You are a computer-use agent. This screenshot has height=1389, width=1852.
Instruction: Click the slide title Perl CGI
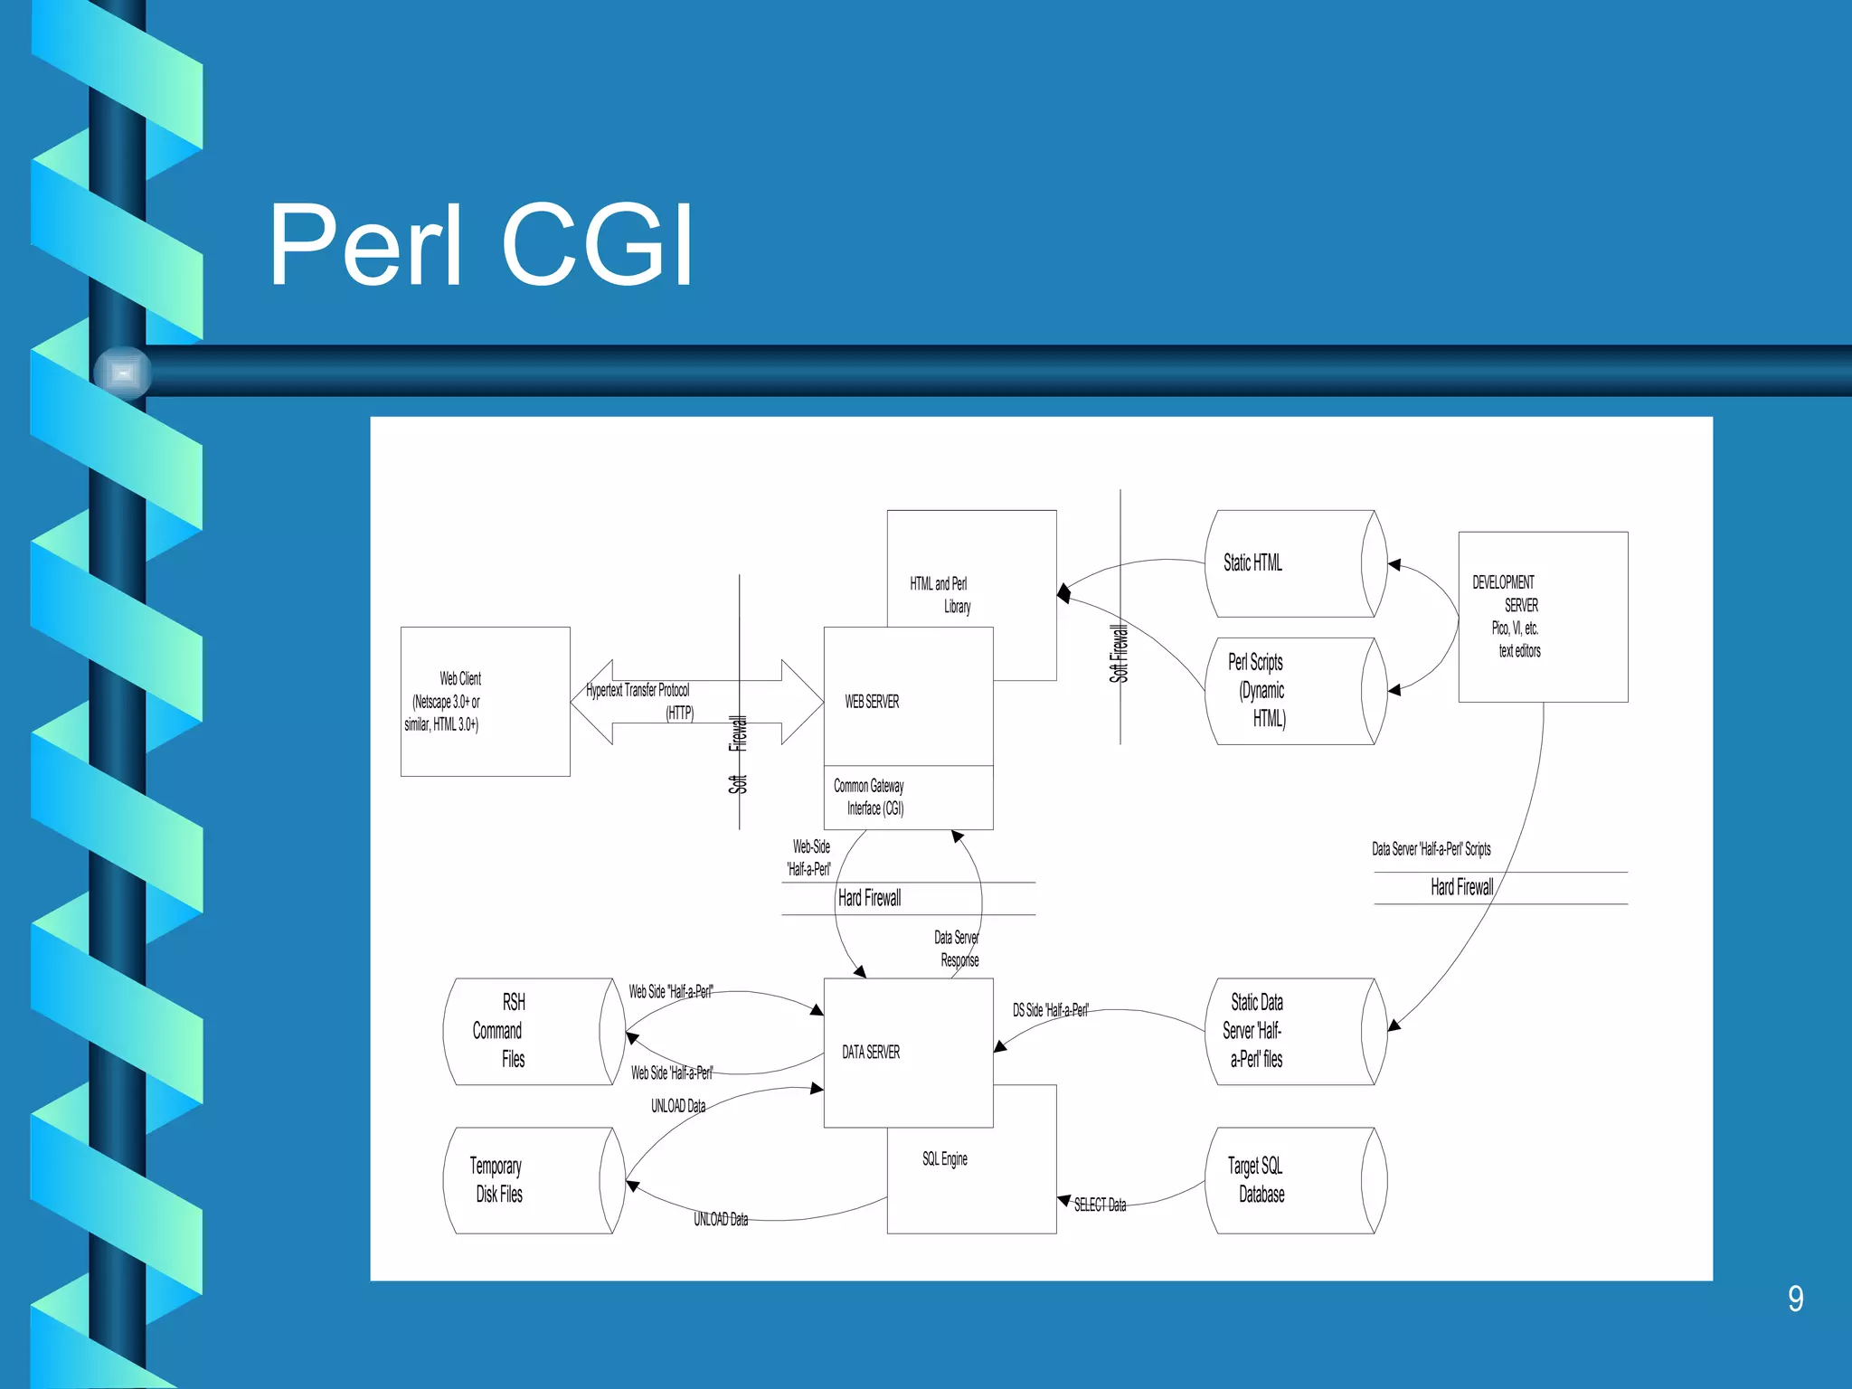click(x=480, y=246)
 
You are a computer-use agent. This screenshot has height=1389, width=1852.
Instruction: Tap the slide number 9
click(x=1795, y=1299)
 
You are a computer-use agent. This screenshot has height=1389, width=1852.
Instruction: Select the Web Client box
click(x=485, y=701)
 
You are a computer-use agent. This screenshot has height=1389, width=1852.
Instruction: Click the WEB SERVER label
click(x=872, y=702)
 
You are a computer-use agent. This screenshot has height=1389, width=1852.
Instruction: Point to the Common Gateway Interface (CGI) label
click(x=870, y=797)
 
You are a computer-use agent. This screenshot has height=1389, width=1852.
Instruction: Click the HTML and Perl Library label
click(x=940, y=595)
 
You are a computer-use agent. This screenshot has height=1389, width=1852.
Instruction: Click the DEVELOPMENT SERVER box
click(x=1542, y=617)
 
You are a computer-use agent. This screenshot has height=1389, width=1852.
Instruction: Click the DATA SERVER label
click(x=871, y=1052)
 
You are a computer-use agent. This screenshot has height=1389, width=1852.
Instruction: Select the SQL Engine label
click(x=944, y=1159)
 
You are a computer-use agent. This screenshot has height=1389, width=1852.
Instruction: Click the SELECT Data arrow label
click(x=1100, y=1205)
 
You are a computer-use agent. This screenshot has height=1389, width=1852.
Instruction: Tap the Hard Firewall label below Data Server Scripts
click(x=1461, y=887)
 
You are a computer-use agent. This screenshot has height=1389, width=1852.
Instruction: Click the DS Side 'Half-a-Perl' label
click(x=1050, y=1010)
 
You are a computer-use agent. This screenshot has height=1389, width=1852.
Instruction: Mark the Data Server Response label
click(x=957, y=949)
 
